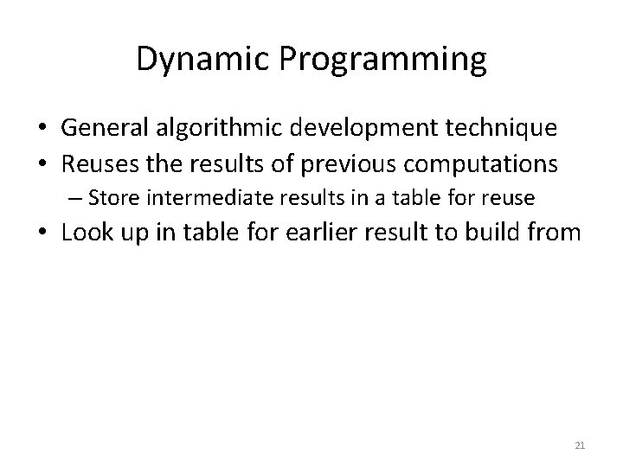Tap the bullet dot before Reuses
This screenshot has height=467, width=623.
point(41,163)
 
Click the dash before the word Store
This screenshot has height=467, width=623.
point(74,198)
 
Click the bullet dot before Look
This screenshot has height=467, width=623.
point(41,233)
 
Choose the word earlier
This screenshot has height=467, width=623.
point(312,233)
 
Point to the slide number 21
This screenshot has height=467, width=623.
point(580,445)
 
